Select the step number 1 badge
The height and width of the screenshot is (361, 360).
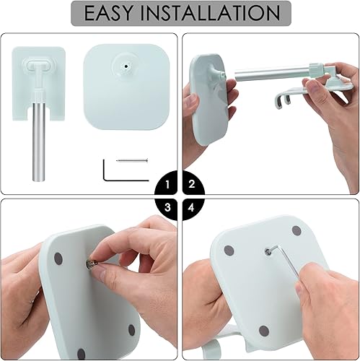(167, 185)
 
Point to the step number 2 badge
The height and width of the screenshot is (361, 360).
(191, 185)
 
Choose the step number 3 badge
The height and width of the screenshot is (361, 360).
(167, 208)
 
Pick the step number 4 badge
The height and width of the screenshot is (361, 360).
(191, 208)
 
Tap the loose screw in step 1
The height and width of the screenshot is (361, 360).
(132, 160)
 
